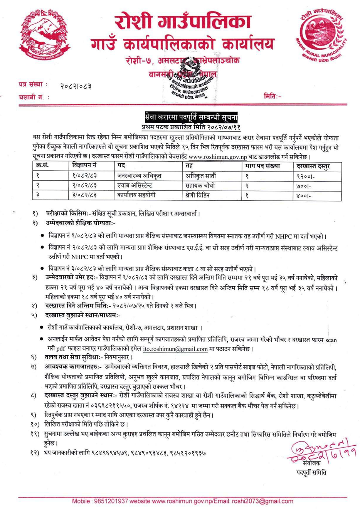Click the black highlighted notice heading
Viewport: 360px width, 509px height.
(x=191, y=117)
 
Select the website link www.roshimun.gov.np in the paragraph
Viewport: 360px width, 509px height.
(x=217, y=157)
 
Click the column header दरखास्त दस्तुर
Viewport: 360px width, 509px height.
(x=313, y=166)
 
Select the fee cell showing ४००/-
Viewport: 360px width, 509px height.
(x=304, y=196)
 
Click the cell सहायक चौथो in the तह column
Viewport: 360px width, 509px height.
(x=200, y=185)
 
